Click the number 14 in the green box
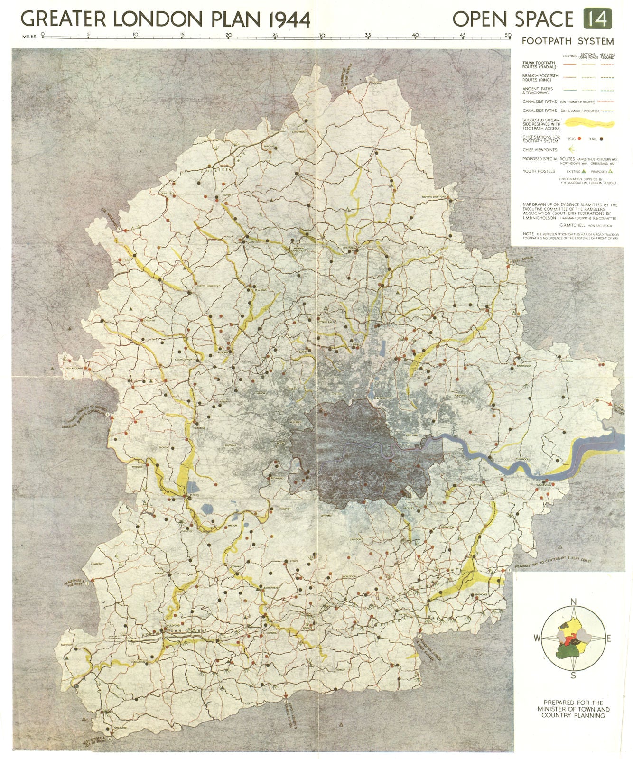pos(597,19)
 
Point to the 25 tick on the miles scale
pos(275,35)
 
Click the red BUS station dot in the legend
pos(580,139)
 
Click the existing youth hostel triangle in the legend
pos(585,171)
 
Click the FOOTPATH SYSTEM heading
pos(568,41)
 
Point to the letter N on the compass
pos(573,602)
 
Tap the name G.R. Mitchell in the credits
pos(573,226)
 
